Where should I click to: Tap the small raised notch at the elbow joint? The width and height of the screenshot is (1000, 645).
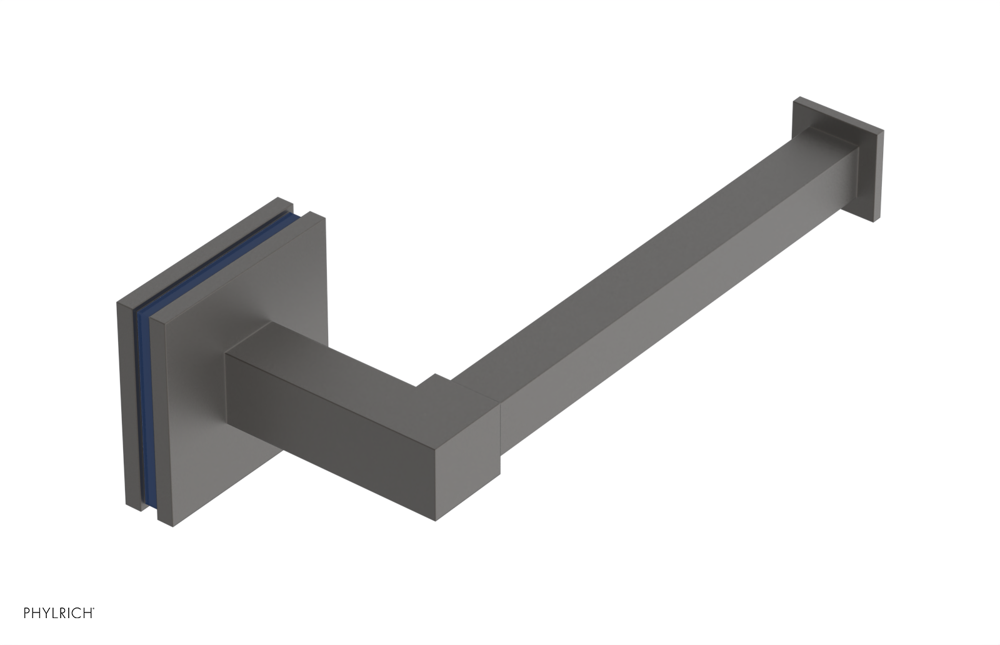(433, 379)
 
